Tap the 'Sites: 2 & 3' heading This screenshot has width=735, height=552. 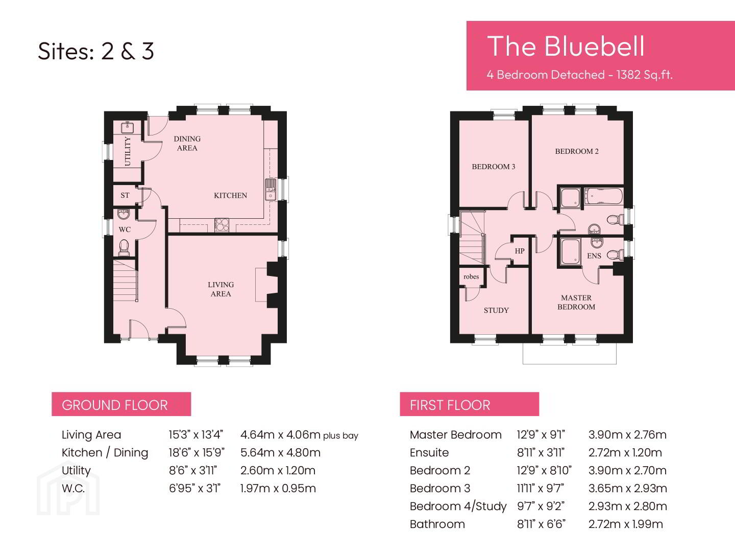coord(96,51)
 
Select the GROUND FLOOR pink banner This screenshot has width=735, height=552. coord(121,404)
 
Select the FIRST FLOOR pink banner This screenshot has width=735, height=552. coord(470,404)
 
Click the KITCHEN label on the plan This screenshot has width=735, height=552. coord(230,195)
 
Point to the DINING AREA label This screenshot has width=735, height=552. coord(187,143)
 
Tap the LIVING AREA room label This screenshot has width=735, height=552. coord(220,289)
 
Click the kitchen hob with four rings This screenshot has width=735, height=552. coord(222,225)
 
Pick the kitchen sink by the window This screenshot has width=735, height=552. coord(271,190)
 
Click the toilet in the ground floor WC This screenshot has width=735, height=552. coord(124,247)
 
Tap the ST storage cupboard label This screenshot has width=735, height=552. coord(125,195)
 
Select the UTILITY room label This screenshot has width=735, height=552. coord(128,151)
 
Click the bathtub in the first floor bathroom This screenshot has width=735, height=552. coord(604,196)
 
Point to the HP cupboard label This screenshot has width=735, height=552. coord(520,250)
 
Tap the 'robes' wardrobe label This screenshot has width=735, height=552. coord(471,277)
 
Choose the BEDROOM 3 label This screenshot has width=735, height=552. coord(494,167)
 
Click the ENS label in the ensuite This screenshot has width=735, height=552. coord(594,256)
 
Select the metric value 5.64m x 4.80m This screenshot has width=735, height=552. coord(280,452)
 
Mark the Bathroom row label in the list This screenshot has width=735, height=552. coord(437,524)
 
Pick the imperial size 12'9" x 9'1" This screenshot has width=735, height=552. coord(541,434)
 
